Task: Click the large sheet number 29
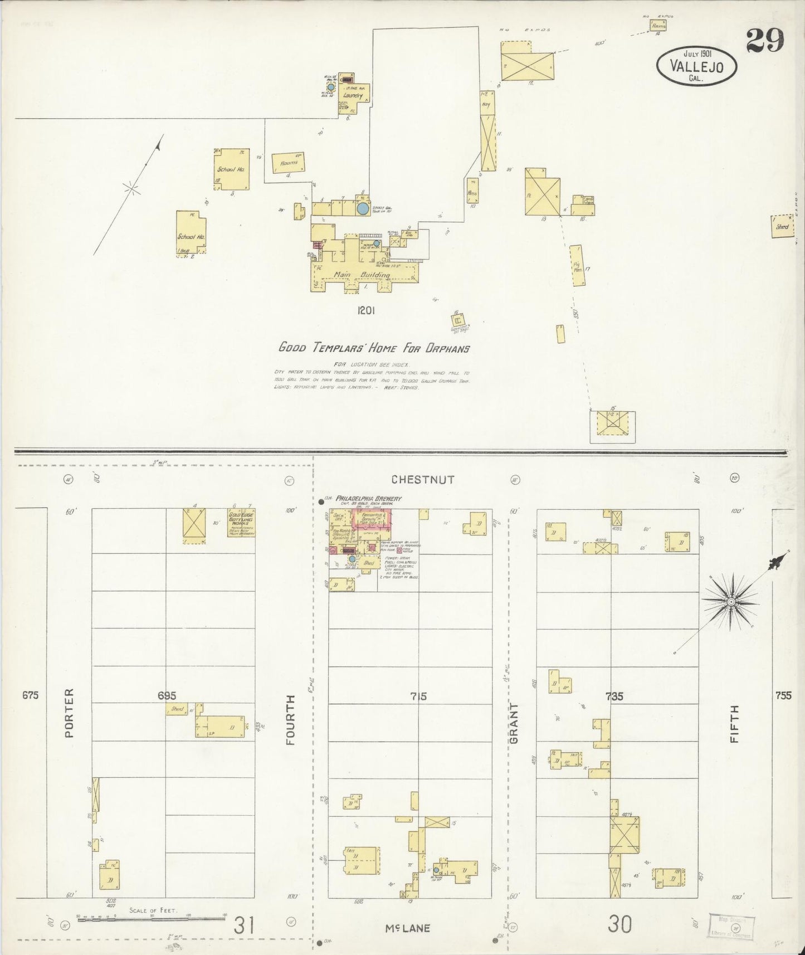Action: point(765,40)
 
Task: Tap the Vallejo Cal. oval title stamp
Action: point(696,66)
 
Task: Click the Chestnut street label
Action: point(423,479)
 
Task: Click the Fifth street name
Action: point(735,723)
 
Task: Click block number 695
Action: point(167,695)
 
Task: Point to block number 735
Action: point(614,696)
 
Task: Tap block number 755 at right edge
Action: point(783,695)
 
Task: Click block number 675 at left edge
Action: point(31,695)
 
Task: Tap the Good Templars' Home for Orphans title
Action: point(374,349)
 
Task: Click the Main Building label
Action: point(362,275)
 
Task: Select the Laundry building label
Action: point(353,96)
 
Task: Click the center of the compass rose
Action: point(731,602)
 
